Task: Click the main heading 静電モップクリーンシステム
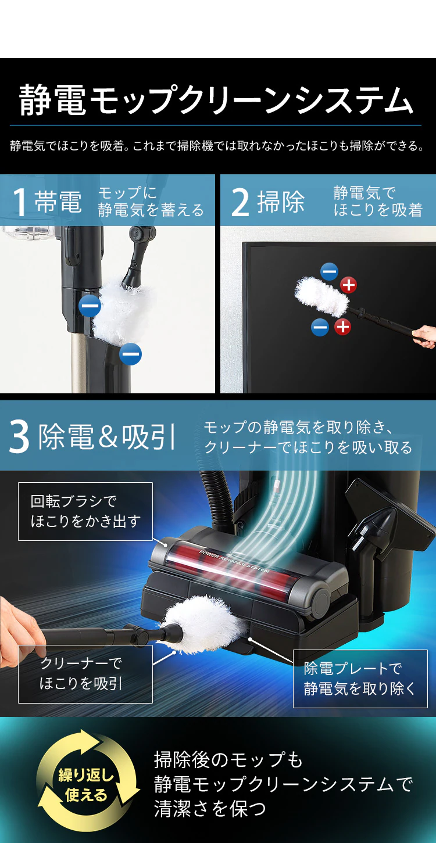[216, 100]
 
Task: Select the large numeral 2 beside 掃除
[240, 203]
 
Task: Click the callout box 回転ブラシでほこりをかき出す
[85, 511]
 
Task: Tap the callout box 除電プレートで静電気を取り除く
[360, 679]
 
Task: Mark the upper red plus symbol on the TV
[348, 285]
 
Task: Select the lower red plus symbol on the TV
[342, 327]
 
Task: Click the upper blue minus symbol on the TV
[329, 271]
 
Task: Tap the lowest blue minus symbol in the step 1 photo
[131, 354]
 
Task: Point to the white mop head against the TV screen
[321, 296]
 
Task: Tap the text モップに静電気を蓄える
[151, 202]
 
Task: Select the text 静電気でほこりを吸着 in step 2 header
[377, 202]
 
